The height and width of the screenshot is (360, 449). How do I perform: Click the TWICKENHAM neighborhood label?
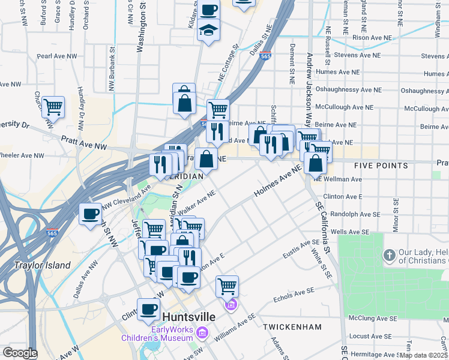tap(292, 327)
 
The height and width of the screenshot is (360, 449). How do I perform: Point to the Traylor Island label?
tap(43, 265)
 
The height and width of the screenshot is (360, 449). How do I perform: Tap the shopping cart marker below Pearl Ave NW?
tap(53, 107)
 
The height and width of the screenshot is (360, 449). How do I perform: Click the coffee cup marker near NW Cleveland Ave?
tap(91, 214)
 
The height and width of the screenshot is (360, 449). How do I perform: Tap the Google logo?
tap(19, 353)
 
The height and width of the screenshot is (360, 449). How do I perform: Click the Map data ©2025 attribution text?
tap(423, 355)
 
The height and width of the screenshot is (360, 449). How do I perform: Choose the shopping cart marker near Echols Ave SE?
tap(227, 286)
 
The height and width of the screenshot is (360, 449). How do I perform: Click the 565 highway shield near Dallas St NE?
tap(267, 56)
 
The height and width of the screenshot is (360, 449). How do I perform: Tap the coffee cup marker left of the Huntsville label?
tap(148, 309)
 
